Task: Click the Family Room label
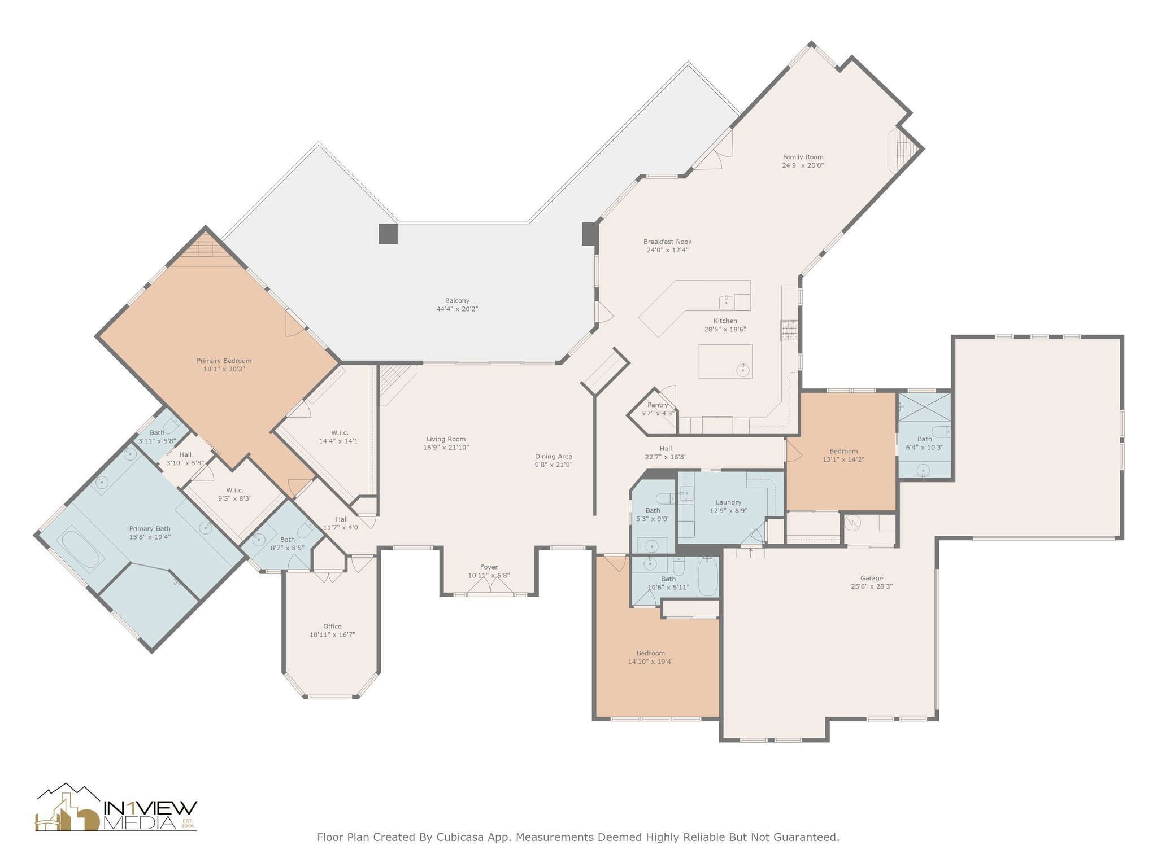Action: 803,157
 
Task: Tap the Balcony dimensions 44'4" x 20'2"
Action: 457,309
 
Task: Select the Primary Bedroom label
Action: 224,361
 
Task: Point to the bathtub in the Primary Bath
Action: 83,548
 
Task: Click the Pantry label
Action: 658,405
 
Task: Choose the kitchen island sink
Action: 743,370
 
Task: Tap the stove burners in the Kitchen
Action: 789,331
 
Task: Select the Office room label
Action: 332,626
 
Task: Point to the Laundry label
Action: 728,502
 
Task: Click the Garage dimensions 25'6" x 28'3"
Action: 872,586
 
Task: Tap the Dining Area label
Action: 554,456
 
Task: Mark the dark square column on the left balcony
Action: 388,234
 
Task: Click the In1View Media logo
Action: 116,808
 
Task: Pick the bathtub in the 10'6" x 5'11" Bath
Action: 707,577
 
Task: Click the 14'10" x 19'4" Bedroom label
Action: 651,653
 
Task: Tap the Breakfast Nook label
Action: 667,242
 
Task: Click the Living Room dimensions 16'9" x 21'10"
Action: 446,448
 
